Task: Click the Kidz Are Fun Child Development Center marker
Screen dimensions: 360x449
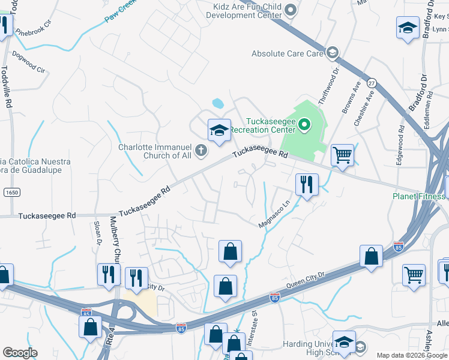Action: click(x=291, y=9)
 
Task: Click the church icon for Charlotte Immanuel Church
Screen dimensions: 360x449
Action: click(x=200, y=150)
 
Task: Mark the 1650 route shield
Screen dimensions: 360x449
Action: click(x=10, y=192)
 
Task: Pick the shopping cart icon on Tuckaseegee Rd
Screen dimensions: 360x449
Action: click(x=342, y=155)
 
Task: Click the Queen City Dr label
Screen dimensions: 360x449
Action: click(x=306, y=277)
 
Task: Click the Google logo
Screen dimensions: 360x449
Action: click(x=20, y=353)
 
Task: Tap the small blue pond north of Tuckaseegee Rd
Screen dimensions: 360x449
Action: click(x=218, y=103)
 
